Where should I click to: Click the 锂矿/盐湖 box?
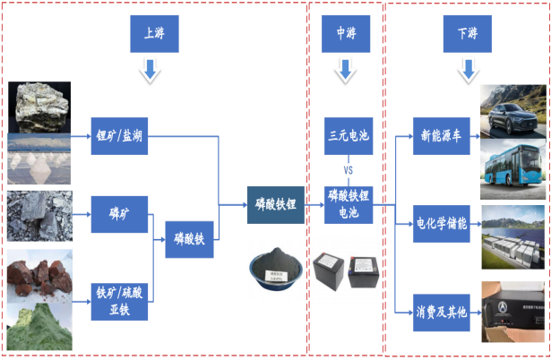(119, 137)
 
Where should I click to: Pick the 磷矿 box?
(119, 214)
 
